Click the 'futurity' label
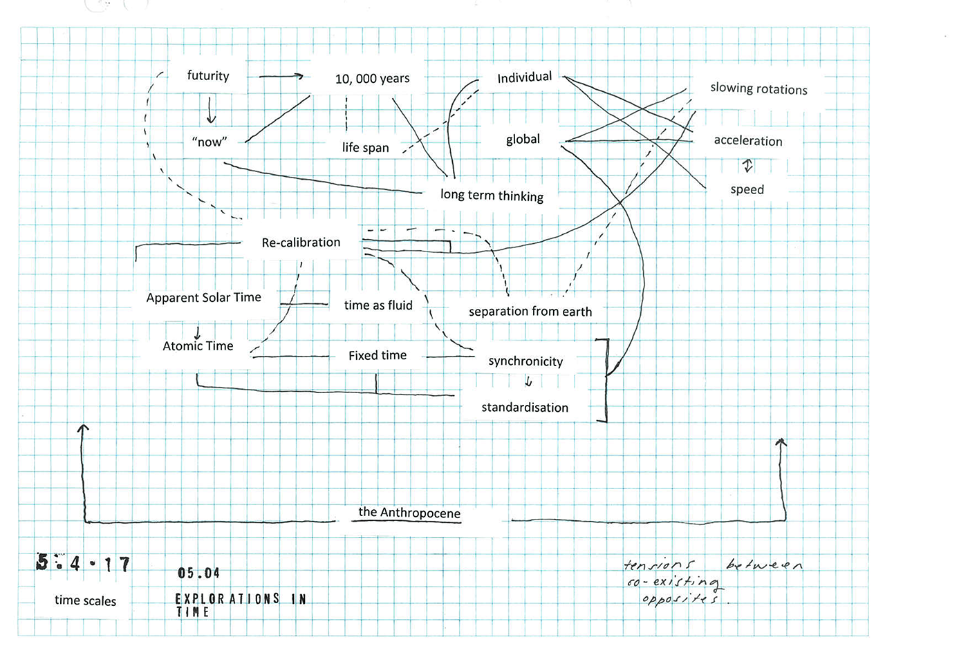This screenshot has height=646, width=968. click(x=207, y=76)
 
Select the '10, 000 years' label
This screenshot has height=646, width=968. click(x=372, y=79)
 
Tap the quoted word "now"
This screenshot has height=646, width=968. click(x=209, y=142)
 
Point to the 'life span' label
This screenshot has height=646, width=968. click(x=365, y=147)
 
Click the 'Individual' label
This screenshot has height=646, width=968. click(x=524, y=77)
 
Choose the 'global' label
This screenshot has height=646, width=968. click(x=523, y=140)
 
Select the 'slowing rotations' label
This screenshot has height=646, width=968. click(x=758, y=89)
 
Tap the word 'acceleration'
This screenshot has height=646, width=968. click(x=748, y=141)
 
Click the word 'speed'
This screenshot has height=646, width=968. click(x=747, y=189)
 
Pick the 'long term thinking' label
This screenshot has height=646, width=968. click(x=492, y=196)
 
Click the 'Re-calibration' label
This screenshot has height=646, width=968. click(x=301, y=243)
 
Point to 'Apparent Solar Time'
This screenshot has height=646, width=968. click(x=203, y=298)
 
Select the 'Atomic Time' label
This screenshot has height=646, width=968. click(x=198, y=346)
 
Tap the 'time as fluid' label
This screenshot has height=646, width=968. click(x=378, y=305)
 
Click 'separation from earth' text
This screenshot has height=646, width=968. click(x=530, y=312)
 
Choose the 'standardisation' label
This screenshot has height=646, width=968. click(x=525, y=408)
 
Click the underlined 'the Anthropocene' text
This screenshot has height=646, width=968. click(x=409, y=513)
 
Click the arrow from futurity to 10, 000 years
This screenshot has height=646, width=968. click(x=281, y=76)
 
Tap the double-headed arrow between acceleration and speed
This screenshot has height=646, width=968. click(x=747, y=166)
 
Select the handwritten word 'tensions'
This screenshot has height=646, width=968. click(x=659, y=564)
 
